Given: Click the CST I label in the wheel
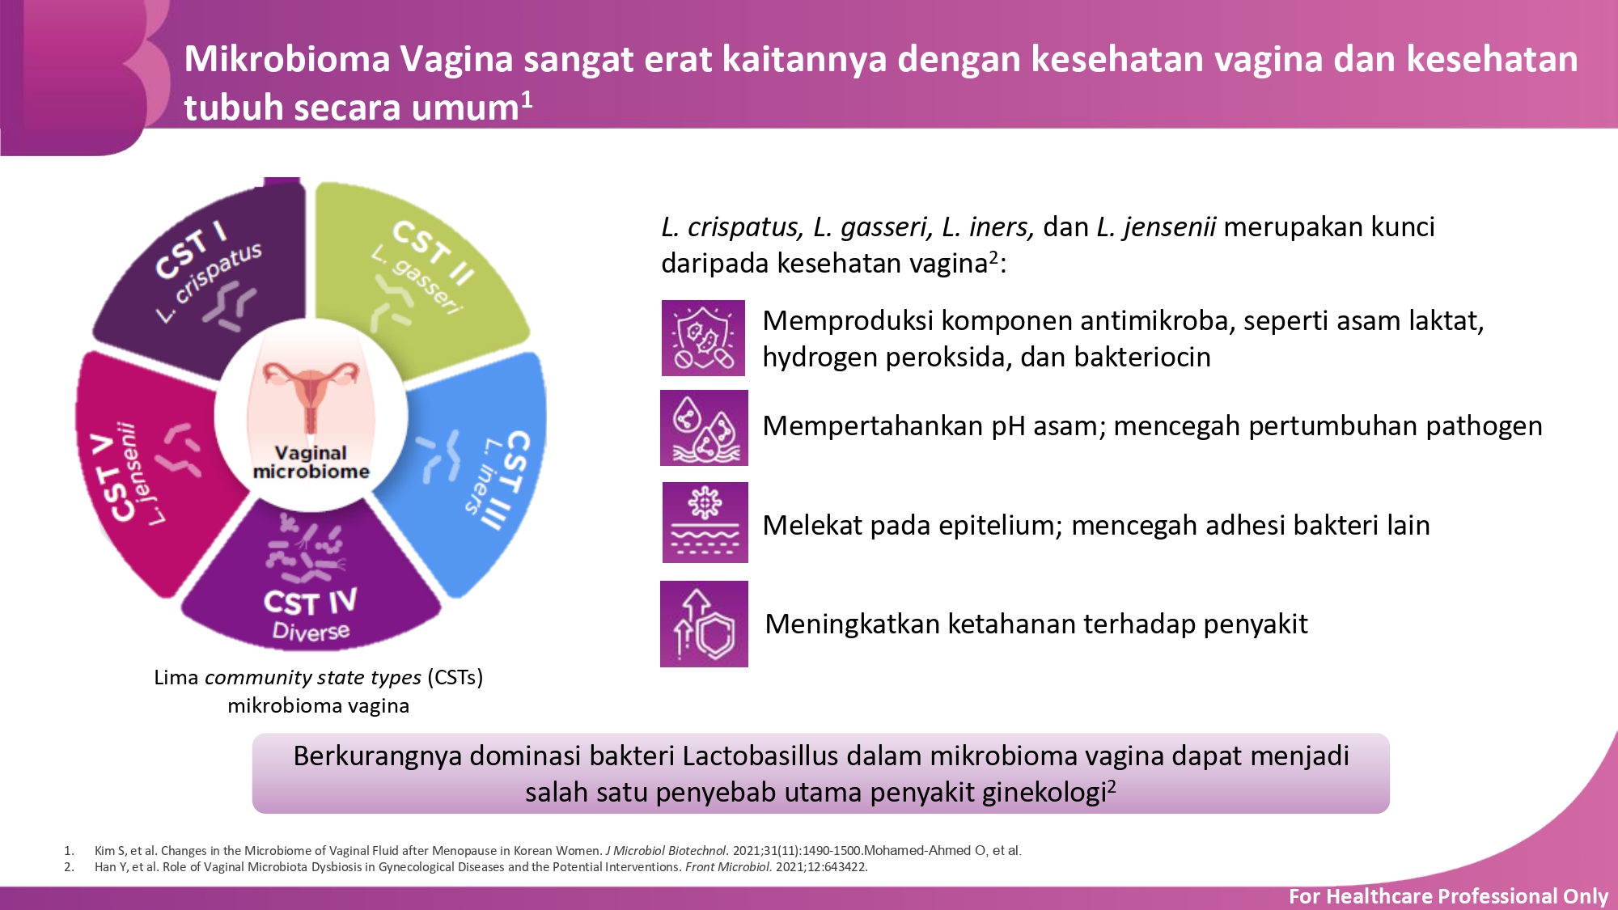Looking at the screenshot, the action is [191, 250].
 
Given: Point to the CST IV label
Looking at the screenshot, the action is [310, 602].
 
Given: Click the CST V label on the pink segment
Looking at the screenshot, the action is [112, 477].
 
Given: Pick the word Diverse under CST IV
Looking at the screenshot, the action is [311, 632].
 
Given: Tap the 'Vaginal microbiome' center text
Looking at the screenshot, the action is [311, 462].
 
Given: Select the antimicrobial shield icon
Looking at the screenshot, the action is [703, 338].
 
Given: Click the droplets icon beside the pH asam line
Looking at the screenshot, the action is [704, 428].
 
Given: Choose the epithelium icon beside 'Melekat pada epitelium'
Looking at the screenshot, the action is [705, 523].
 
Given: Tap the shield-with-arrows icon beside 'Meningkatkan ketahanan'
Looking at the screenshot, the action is [704, 624].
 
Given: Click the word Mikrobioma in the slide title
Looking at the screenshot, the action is [287, 59].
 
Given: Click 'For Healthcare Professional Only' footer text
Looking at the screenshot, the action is [1448, 896].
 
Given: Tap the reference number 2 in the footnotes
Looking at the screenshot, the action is [69, 867].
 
